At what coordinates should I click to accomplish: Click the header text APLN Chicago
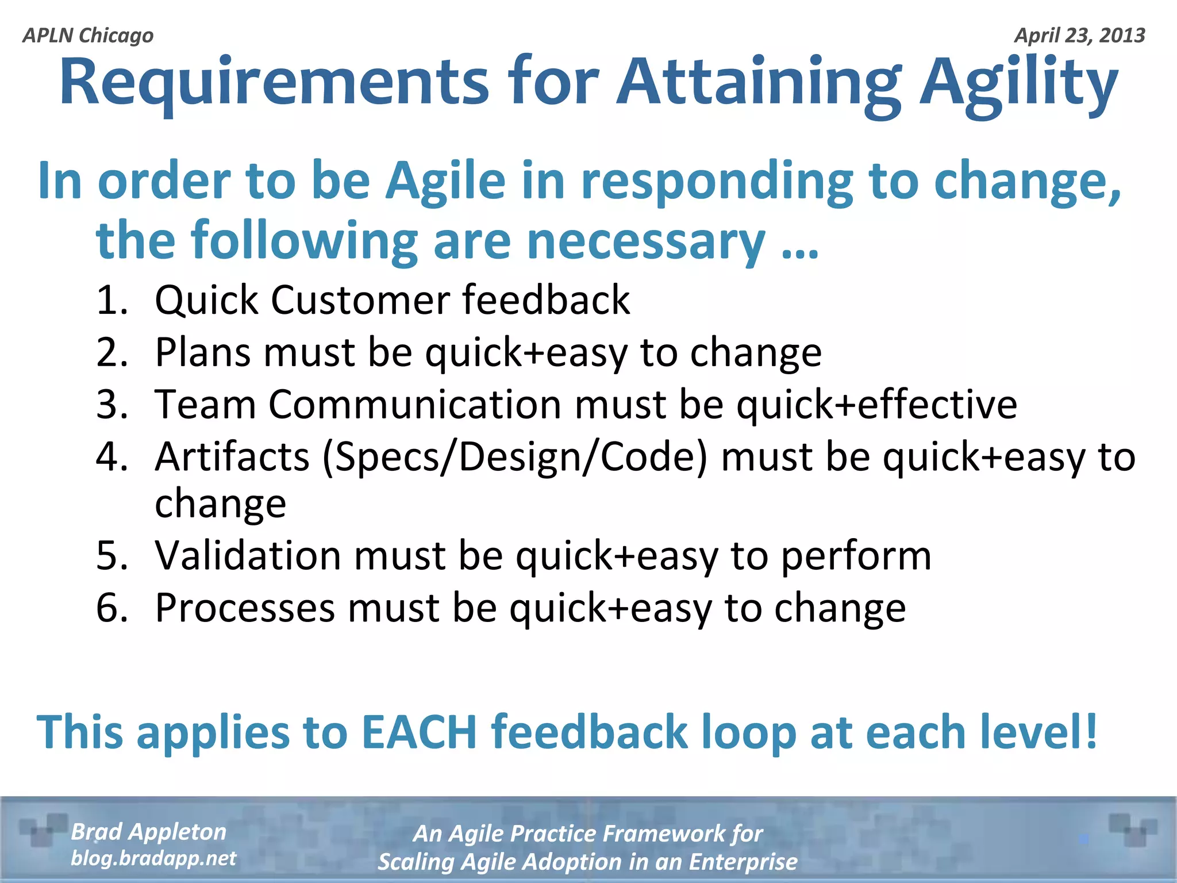pos(88,36)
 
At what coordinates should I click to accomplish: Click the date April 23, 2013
pos(1079,36)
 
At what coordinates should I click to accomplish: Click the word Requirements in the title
pos(274,83)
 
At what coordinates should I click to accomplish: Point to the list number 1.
pos(111,300)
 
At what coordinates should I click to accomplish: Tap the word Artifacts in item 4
pos(232,458)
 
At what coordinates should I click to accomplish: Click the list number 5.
pos(111,556)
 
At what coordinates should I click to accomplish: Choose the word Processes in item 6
pos(245,608)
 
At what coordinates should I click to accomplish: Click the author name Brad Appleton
pos(148,832)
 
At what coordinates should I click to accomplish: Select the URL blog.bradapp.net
pos(153,858)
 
